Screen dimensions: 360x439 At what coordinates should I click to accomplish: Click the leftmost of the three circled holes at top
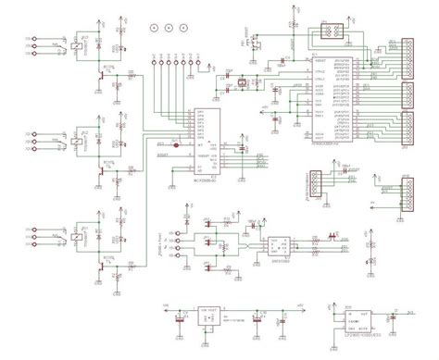[x=153, y=30]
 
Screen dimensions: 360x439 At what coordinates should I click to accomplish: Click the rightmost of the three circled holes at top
[x=183, y=30]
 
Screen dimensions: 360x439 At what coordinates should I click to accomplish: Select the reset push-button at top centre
[x=255, y=43]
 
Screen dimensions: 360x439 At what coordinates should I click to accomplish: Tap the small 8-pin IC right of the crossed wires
[x=279, y=246]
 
